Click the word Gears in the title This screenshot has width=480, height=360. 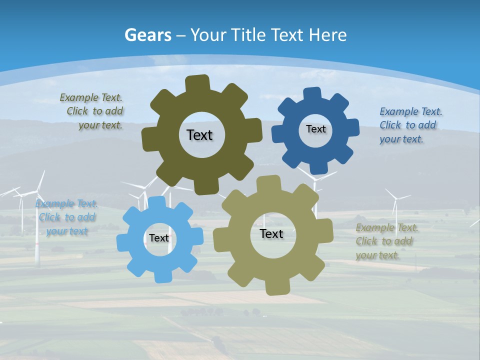click(147, 35)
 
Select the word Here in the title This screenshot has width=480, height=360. click(327, 35)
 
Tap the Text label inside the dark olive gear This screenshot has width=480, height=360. click(199, 135)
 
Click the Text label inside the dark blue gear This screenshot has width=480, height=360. click(315, 129)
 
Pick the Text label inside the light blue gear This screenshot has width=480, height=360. click(159, 238)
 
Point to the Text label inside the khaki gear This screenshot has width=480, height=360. click(271, 233)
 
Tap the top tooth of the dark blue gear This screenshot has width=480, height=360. click(312, 94)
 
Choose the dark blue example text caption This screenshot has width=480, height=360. click(410, 125)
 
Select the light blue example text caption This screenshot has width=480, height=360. click(66, 217)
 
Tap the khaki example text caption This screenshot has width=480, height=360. click(386, 241)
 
